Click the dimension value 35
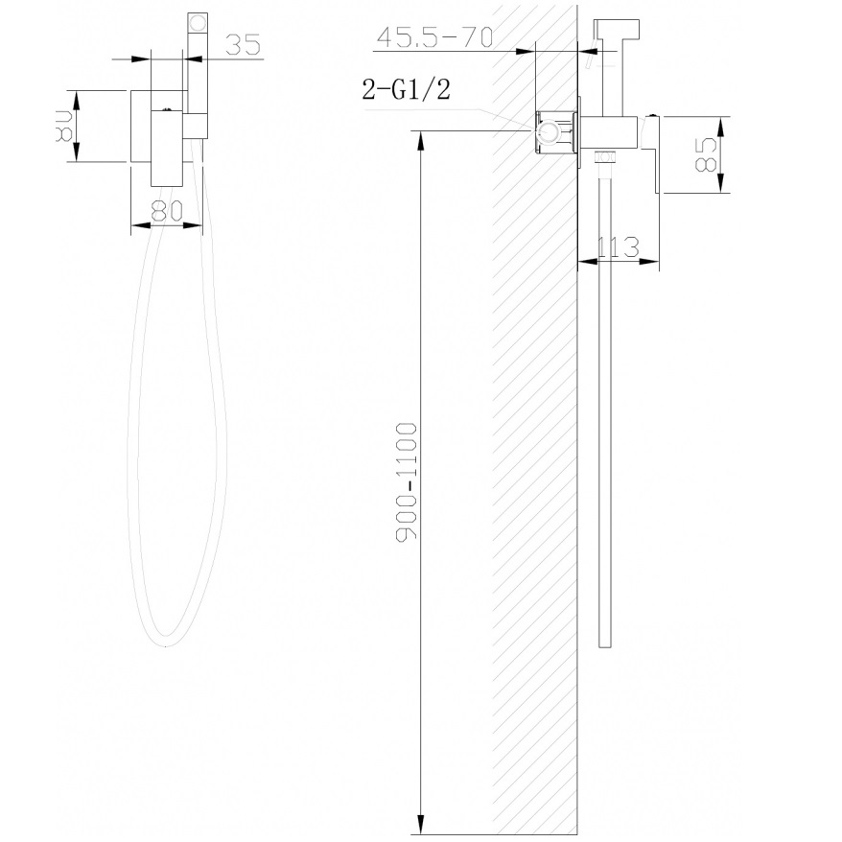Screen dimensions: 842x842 tap(243, 44)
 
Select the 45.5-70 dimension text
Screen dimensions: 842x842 tap(434, 37)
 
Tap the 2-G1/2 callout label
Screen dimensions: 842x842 tap(406, 89)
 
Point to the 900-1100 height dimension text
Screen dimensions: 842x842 tap(407, 482)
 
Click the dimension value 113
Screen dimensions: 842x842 tap(619, 247)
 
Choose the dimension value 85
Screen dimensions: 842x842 tap(706, 154)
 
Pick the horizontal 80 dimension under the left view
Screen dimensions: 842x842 tap(167, 211)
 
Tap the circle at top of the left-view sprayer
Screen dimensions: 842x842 tap(198, 25)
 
